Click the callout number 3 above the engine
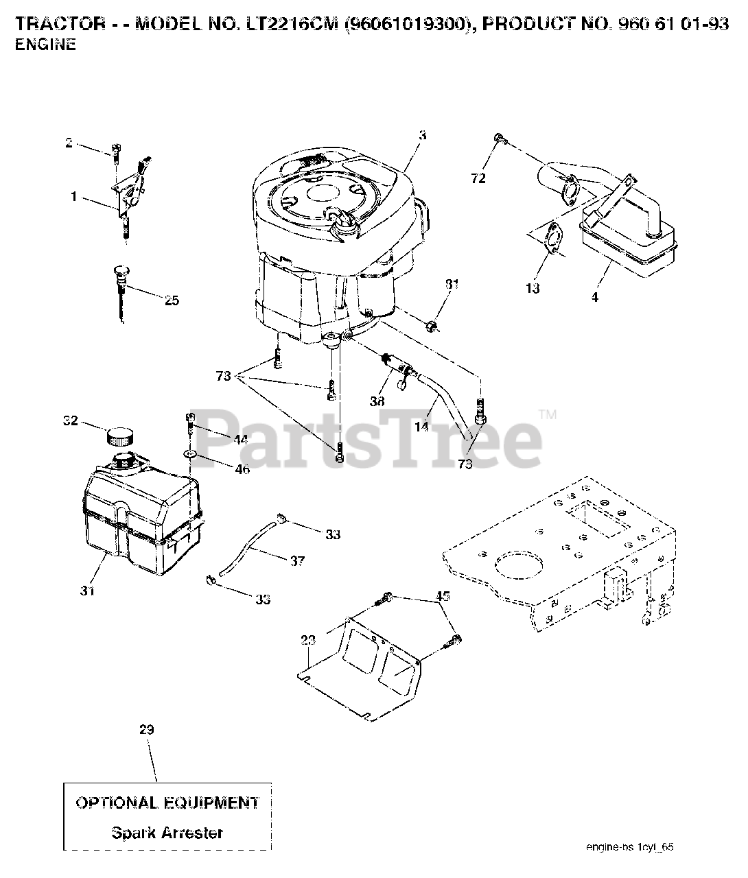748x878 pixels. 422,136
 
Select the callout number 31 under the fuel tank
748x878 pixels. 86,590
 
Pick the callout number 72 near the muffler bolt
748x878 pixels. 478,178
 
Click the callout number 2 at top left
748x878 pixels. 69,143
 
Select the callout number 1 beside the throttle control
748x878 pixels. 73,197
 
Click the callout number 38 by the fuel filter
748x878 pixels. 377,402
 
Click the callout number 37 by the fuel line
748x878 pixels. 296,560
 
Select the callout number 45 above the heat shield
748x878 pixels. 443,596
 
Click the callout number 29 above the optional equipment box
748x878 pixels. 146,729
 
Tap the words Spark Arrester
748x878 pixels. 167,833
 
